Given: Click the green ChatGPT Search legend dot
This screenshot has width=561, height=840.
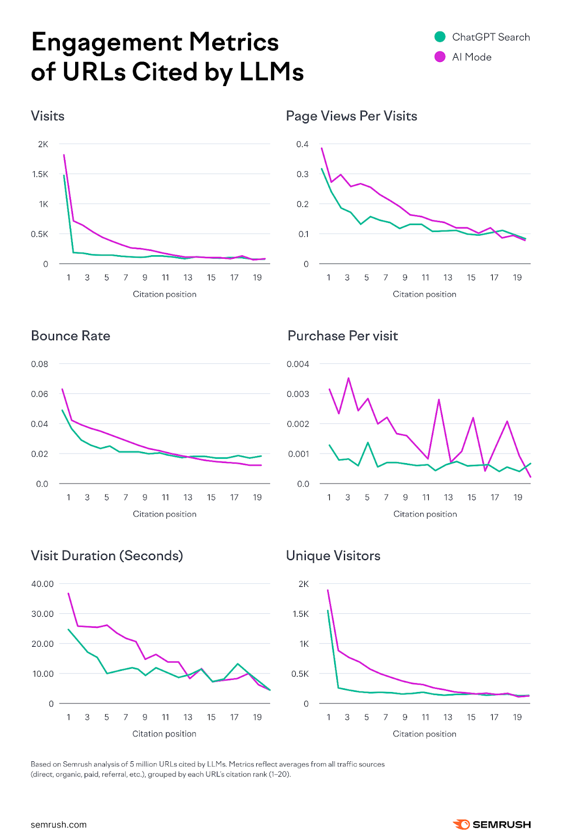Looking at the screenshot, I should [440, 37].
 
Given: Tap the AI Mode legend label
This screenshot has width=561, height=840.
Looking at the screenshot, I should [471, 57].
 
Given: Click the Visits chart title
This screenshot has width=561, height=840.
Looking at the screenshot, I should [48, 116].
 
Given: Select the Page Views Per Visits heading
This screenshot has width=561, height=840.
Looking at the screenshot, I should [351, 116].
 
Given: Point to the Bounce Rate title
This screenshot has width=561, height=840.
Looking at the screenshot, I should [70, 336].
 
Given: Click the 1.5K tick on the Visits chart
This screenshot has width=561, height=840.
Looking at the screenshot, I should [40, 174].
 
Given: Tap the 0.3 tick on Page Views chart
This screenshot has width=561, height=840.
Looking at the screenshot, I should [302, 174].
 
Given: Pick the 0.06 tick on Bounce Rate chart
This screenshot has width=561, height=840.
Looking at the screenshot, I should [39, 394].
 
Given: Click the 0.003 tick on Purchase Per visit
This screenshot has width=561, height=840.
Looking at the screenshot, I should [298, 394].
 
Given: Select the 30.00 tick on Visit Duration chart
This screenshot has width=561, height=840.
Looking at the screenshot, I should [43, 614].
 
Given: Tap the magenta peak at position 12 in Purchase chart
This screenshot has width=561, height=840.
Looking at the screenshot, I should [439, 400].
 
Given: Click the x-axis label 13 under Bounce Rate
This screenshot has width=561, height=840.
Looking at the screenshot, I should [188, 498].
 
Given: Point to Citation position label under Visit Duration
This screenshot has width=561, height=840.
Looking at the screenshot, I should [164, 734].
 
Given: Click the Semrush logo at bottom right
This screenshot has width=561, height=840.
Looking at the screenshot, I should [492, 825].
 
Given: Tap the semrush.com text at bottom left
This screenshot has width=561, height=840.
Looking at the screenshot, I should [58, 825].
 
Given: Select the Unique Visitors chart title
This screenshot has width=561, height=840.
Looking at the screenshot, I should [333, 556].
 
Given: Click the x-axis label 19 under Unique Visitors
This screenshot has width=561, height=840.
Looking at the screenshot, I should [517, 717].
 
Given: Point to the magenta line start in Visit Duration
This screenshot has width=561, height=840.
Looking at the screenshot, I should [68, 593].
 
